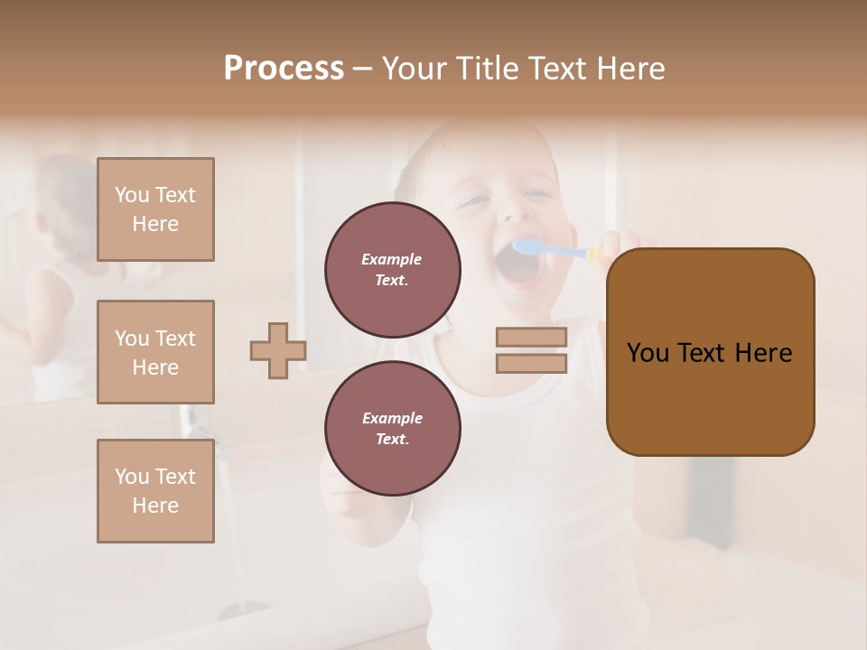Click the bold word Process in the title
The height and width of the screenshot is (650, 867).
pos(284,69)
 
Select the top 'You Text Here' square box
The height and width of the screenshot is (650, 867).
pos(155,209)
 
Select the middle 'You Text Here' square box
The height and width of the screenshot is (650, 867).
pos(155,352)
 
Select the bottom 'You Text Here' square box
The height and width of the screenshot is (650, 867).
pos(155,491)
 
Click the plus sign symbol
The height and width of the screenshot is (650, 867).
pos(278,350)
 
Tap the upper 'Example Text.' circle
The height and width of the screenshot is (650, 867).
pos(393,270)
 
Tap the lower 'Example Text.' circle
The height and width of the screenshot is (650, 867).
pos(393,429)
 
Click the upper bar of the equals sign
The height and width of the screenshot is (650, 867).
pos(531,338)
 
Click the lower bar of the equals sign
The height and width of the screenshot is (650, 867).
pos(531,364)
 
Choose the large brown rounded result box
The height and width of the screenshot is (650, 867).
pos(710,352)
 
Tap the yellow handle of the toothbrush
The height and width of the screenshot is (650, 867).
pos(596,254)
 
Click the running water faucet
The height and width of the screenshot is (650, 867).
pos(191,419)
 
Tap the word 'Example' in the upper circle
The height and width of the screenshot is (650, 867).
pos(392,259)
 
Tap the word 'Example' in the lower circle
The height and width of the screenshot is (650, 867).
pos(392,418)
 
